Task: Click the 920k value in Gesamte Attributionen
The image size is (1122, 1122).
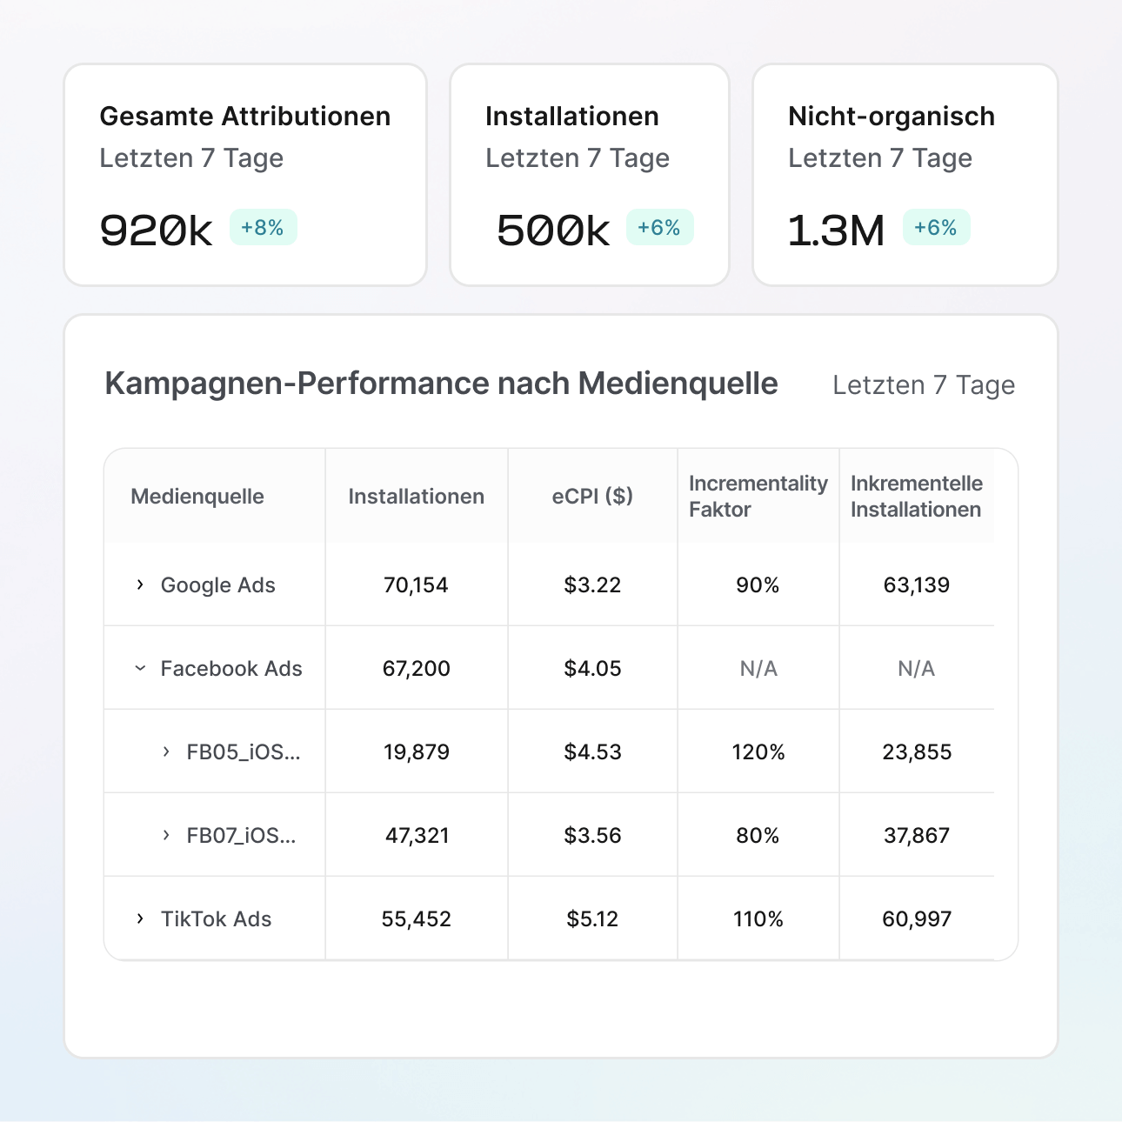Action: (x=156, y=230)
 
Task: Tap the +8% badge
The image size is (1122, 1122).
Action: (x=263, y=228)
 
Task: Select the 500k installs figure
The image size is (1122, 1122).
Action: (x=553, y=230)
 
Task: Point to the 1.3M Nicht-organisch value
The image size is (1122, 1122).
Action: (x=836, y=230)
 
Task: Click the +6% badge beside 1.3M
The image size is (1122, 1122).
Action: (x=936, y=228)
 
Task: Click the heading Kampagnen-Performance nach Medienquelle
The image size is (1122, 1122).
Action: (x=441, y=384)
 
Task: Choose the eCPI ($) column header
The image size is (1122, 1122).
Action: (x=592, y=497)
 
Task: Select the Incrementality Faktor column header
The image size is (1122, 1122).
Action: (x=758, y=497)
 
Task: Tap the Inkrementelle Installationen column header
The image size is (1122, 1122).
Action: (x=917, y=497)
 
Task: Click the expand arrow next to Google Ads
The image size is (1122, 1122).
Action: (x=140, y=585)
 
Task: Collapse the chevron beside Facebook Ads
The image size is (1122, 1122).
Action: (x=140, y=669)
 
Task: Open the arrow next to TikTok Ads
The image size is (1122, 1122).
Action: (x=140, y=919)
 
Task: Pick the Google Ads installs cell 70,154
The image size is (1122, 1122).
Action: (x=416, y=585)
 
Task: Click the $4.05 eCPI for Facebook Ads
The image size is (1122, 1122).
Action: (x=592, y=669)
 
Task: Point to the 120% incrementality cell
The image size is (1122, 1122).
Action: (x=758, y=752)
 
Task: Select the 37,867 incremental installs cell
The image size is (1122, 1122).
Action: (x=917, y=836)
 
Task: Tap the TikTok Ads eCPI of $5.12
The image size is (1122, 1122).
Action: (x=592, y=919)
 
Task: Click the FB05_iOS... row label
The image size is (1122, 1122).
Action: (x=243, y=752)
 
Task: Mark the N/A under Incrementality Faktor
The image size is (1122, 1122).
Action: (x=758, y=669)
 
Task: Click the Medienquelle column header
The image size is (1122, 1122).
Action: (x=197, y=497)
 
